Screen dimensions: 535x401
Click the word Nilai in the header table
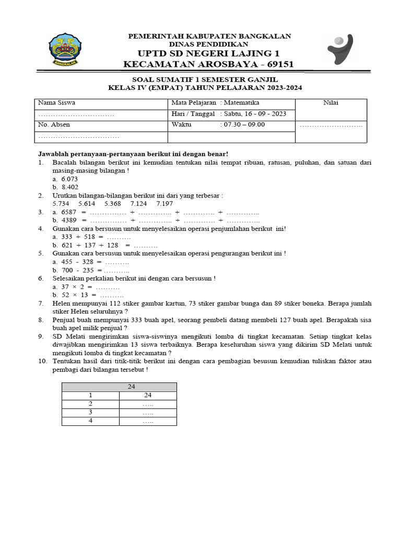331,103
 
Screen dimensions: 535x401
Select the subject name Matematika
242,103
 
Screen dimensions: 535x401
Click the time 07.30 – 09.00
244,125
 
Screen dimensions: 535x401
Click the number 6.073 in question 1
69,179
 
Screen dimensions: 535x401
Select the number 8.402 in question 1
69,187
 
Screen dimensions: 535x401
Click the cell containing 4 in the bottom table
90,421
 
